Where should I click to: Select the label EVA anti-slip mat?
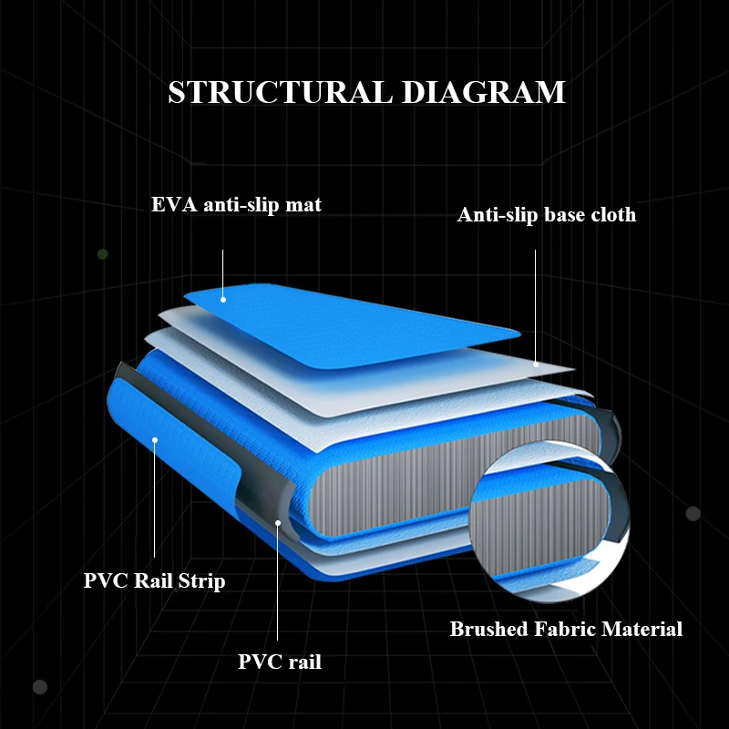(236, 205)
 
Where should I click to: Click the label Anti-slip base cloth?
(547, 215)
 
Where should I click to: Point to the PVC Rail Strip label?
(154, 580)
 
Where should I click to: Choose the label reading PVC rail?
(280, 662)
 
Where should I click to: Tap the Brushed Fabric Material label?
(566, 629)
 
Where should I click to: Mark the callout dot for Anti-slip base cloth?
(536, 364)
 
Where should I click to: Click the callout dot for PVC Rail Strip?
(155, 440)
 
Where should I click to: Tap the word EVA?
(170, 205)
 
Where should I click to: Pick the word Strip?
(204, 580)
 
